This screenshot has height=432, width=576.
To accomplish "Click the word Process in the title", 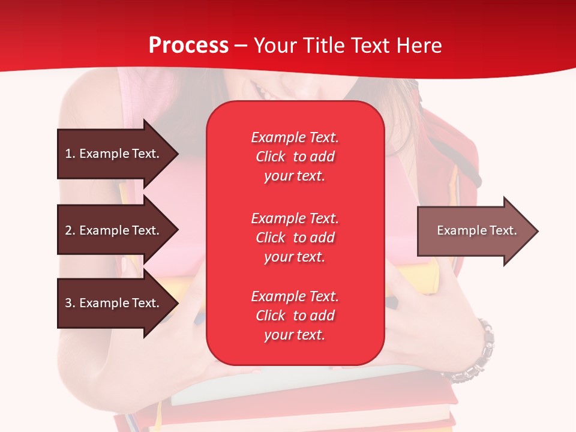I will coord(188,46).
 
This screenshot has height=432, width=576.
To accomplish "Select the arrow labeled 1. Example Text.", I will coord(114,154).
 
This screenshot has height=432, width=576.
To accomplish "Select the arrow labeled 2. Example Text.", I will coord(114,230).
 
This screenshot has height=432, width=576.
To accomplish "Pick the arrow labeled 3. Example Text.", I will coord(114,303).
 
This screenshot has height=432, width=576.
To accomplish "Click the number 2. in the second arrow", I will coord(70,230).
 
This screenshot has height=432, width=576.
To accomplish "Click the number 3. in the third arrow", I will coord(70,303).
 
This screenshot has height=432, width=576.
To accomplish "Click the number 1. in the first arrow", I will coord(70,154).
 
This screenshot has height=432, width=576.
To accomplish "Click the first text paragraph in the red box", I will coord(295,157).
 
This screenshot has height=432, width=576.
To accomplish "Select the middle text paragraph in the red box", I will coord(295,238).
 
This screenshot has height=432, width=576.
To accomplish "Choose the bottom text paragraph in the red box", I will coord(295,316).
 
